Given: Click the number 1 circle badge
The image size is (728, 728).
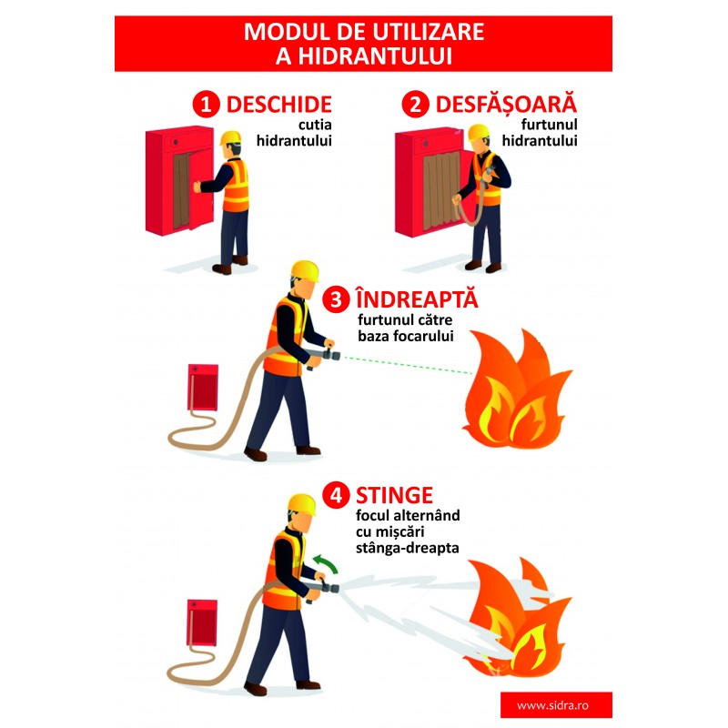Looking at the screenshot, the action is coord(207,104).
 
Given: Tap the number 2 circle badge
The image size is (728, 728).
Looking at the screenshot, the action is coord(416,104).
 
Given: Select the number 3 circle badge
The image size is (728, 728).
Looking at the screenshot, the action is coord(336,299).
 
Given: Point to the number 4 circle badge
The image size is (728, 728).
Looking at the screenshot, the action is coord(336,495).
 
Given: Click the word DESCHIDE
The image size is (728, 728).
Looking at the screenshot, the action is coord(279,105).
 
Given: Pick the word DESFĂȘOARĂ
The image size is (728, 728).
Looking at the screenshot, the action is coord(506,103).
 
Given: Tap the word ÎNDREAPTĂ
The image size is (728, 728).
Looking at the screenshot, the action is coord(417,298).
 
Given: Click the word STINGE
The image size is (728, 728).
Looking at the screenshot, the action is coord(394,495).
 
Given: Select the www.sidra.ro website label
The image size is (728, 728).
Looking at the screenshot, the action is coord(552,706).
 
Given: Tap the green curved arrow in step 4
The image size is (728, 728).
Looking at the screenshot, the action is coord(325,563).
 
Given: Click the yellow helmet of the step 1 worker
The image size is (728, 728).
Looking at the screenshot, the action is coord(231,137).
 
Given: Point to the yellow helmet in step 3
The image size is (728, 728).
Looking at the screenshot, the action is coord(305,270).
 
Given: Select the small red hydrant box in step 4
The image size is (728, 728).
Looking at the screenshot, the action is coord(202,623).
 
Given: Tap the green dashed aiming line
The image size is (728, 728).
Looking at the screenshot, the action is coord(406,365).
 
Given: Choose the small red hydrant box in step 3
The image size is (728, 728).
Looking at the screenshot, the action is coord(203,388).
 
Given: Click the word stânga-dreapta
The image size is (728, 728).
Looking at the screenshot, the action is coord(407,549).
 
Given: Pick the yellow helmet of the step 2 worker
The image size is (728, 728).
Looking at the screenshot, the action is coord(479,132).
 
